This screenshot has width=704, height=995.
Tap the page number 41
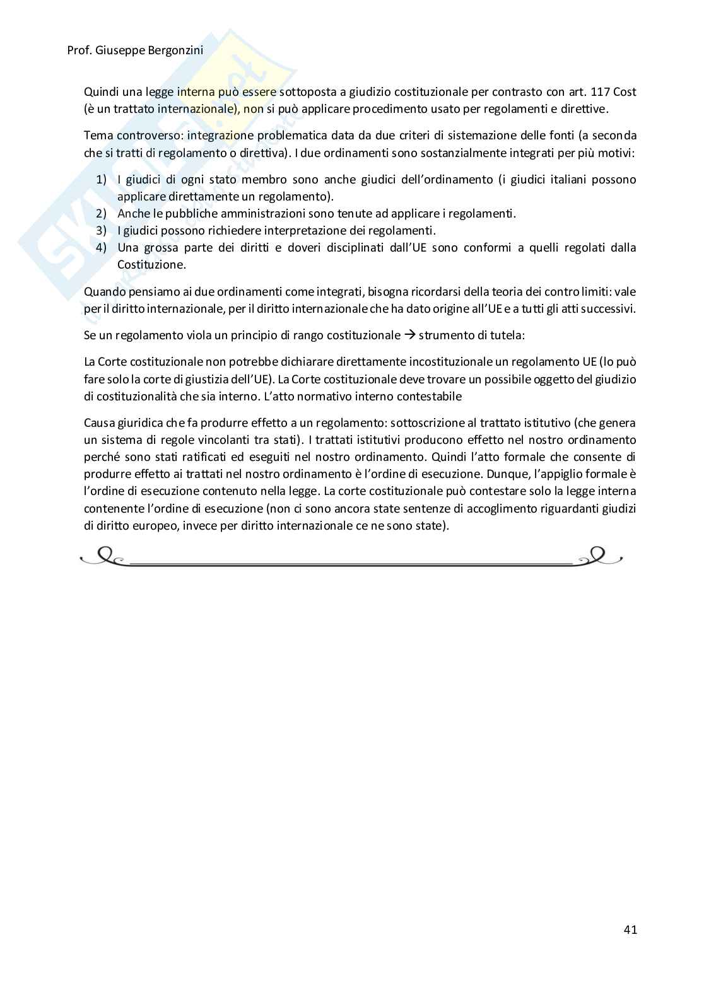tap(630, 929)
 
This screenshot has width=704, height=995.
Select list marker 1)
tap(102, 180)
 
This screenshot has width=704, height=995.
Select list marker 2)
tap(102, 214)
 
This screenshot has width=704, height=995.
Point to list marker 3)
tap(102, 231)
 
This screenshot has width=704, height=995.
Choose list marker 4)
tap(102, 248)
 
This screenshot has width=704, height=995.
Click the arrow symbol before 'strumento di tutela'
tap(409, 335)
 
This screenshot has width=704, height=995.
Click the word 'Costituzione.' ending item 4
tap(151, 265)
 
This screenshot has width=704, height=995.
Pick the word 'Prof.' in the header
tap(79, 50)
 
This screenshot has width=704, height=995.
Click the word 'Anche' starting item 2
tap(132, 214)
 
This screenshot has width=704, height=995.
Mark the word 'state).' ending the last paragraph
tap(431, 525)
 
